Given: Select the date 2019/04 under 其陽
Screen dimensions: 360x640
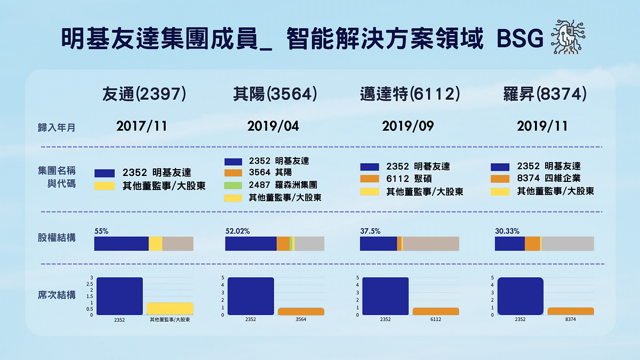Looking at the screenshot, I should [273, 126].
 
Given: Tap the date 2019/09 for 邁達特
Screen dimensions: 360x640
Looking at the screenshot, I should [408, 126].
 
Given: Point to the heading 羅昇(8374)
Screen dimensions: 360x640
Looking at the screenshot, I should [545, 95].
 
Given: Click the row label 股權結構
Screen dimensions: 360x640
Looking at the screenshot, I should [56, 237].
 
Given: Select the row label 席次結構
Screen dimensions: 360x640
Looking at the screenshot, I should [56, 295].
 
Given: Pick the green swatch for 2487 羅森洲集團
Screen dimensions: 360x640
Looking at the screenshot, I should [234, 186].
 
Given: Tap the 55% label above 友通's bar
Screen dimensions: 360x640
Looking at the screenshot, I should [101, 231].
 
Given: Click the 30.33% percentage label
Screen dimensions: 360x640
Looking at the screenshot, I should [507, 231].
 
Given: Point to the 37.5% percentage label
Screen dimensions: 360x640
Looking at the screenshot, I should [370, 231].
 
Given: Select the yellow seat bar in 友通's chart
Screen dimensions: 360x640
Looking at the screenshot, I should [170, 308].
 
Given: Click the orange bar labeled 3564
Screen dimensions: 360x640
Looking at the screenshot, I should [301, 311].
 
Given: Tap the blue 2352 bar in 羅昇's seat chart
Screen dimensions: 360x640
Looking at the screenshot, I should [520, 296].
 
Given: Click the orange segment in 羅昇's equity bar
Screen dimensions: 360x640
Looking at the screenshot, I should [532, 244].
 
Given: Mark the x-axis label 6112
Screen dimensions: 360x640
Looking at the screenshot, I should [435, 319].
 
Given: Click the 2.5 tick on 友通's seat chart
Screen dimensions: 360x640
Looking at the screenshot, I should [91, 284].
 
